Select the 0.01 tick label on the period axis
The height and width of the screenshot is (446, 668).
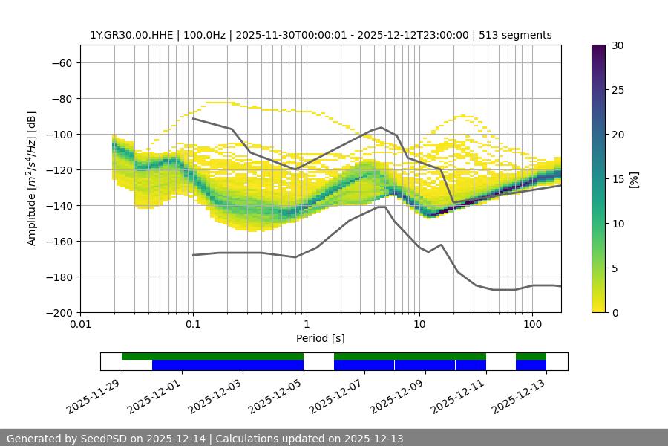(80, 325)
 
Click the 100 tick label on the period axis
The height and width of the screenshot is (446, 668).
(532, 325)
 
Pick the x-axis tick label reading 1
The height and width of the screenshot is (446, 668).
(307, 325)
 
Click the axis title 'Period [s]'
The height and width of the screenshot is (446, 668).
(320, 338)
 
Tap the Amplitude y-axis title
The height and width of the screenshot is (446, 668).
(32, 178)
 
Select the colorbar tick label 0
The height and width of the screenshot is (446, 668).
(615, 312)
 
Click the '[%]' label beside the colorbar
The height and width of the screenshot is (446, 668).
(633, 179)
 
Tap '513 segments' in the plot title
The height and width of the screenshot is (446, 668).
(515, 35)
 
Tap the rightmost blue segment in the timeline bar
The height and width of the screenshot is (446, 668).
(531, 365)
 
